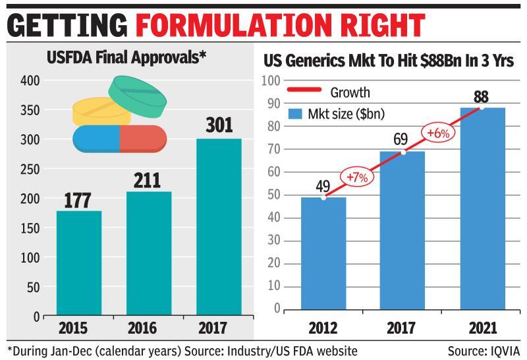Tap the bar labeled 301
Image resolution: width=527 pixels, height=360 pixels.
pos(218,227)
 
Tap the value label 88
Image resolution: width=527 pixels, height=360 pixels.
pos(482,96)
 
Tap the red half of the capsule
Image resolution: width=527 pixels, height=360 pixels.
pos(142,138)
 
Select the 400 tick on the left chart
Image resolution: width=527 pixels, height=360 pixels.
pos(29,80)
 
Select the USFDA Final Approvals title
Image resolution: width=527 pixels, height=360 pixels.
pos(126,58)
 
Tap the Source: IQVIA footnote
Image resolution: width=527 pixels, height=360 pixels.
pos(484,349)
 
